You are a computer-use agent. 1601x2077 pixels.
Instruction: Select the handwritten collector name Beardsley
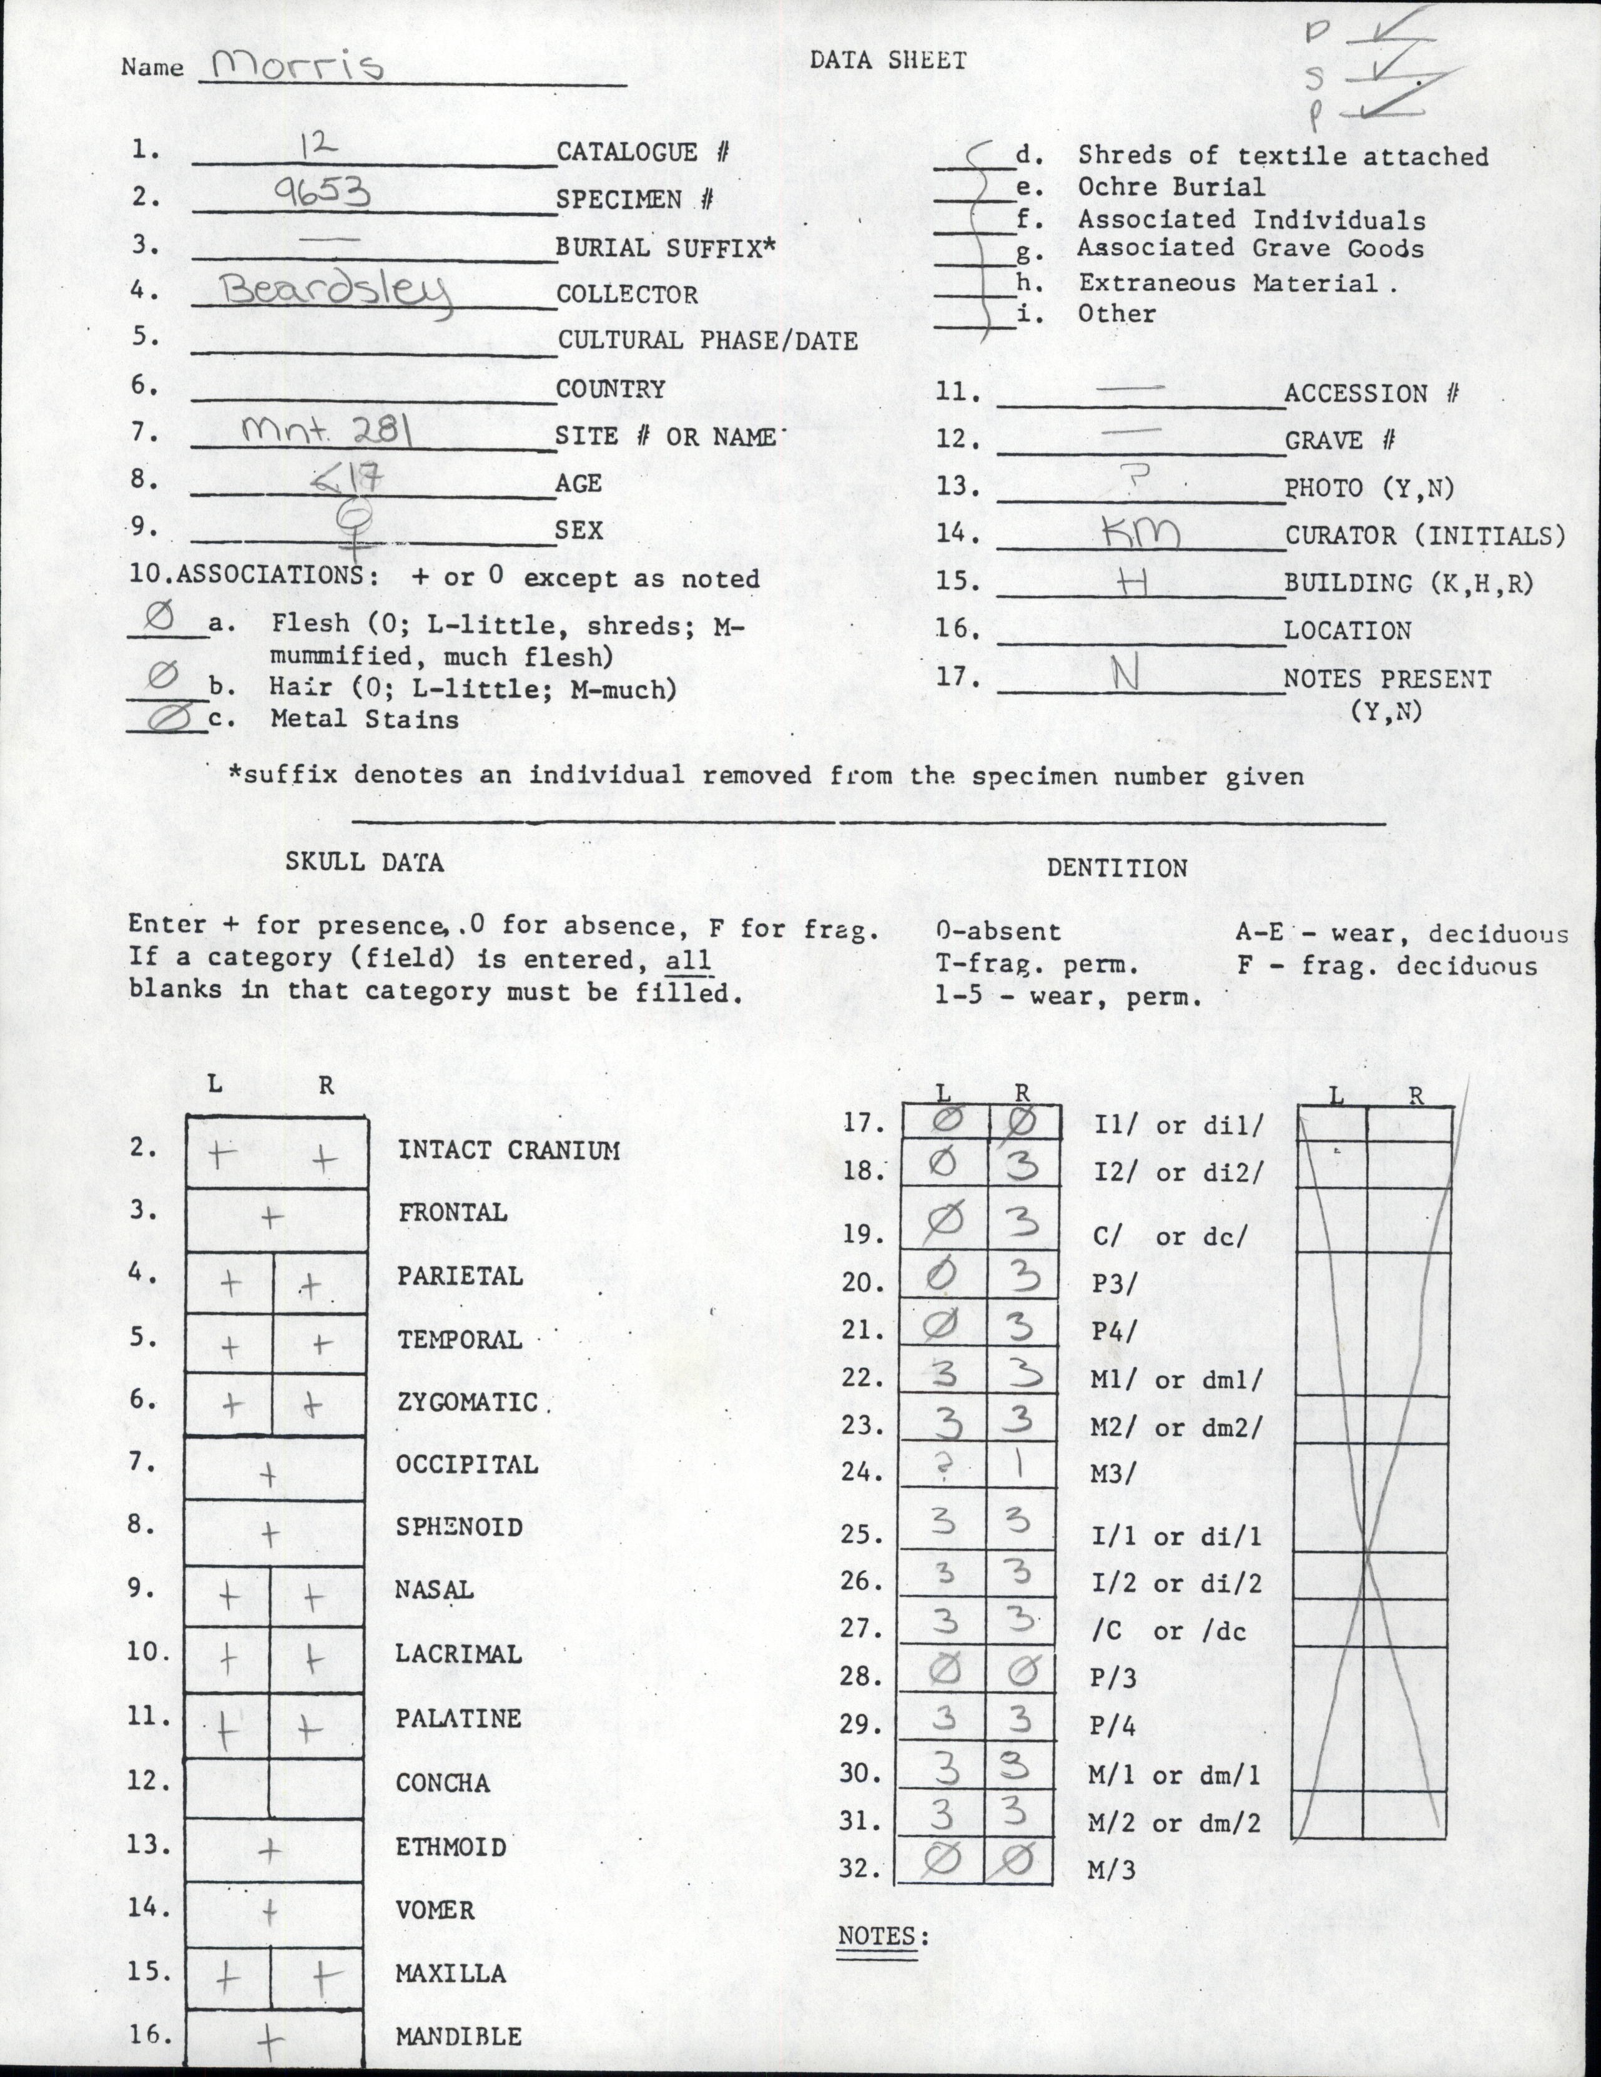click(x=334, y=292)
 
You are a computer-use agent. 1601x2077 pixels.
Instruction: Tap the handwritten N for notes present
click(x=1126, y=676)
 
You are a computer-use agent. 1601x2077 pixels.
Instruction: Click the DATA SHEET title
click(x=887, y=60)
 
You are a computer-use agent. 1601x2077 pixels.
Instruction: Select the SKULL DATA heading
click(x=364, y=862)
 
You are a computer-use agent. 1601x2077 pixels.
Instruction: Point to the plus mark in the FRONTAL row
click(x=273, y=1216)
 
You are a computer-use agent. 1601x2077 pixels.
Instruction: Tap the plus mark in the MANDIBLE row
click(x=270, y=2037)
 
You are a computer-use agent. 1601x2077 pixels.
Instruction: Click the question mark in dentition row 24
click(x=943, y=1470)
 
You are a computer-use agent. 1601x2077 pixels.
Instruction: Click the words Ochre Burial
click(x=1170, y=187)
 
